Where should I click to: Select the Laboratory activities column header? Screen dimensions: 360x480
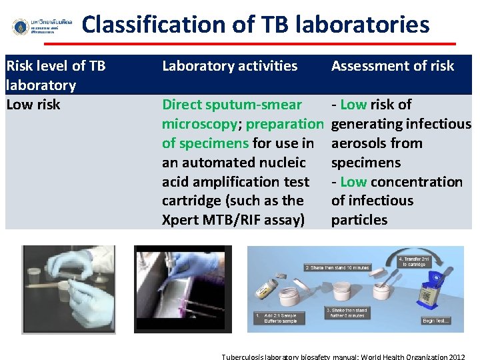click(x=230, y=66)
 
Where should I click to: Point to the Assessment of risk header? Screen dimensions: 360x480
click(x=393, y=66)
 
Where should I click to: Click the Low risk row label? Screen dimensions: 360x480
click(x=33, y=105)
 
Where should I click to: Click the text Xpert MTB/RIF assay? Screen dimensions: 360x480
click(x=233, y=220)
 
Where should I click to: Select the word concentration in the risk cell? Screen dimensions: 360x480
click(x=417, y=182)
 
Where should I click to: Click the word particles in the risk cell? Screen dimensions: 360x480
click(x=359, y=220)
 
